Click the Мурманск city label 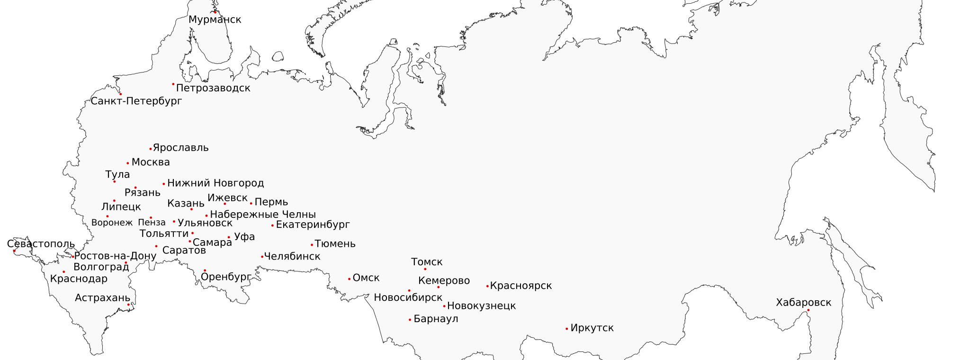(215, 20)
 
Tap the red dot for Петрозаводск (173, 84)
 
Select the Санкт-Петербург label (136, 101)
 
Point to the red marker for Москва (128, 163)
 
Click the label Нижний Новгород (215, 183)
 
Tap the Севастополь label (41, 244)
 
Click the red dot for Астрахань (128, 305)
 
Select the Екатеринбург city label (313, 225)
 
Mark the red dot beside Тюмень (312, 245)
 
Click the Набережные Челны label (263, 215)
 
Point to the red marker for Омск (350, 279)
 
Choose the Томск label (427, 262)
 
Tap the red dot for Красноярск (487, 286)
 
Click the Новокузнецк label (481, 306)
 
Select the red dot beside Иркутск (567, 329)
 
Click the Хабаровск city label (803, 303)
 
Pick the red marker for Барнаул (410, 320)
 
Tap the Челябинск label (292, 256)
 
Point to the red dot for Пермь (251, 204)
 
